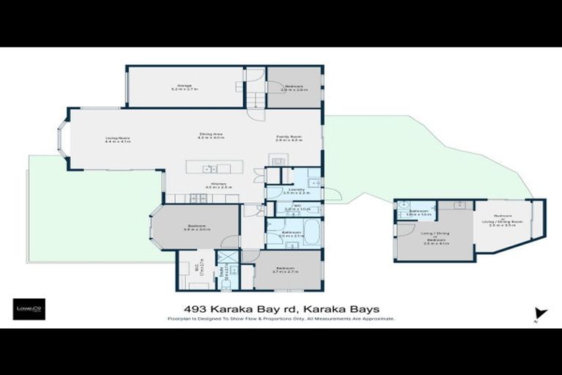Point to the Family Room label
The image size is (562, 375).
tap(288, 138)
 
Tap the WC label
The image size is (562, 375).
tap(292, 206)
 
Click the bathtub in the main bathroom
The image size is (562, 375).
tap(311, 234)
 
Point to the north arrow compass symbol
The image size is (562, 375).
tap(540, 313)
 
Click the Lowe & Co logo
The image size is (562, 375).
tap(29, 308)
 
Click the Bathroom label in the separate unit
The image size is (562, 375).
tap(419, 211)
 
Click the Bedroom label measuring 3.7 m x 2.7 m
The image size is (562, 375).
tap(285, 269)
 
